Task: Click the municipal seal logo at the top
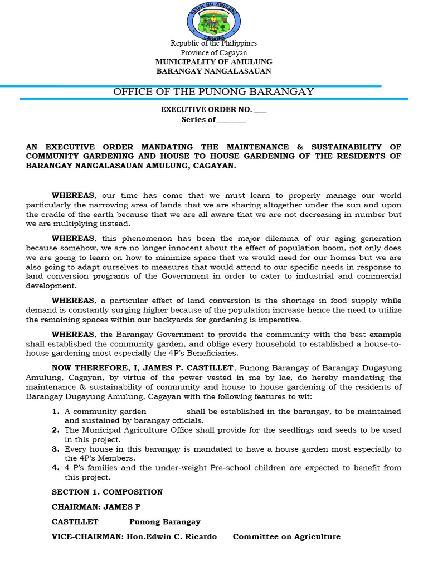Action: tap(214, 21)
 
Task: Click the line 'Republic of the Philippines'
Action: tap(214, 43)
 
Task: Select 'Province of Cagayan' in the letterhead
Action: tap(214, 52)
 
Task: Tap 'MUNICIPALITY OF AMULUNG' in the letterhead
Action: tap(214, 62)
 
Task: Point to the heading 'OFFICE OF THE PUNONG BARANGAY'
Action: tap(214, 91)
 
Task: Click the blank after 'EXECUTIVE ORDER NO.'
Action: tap(260, 110)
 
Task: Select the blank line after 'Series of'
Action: tap(231, 120)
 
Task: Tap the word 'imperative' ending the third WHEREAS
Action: tap(278, 320)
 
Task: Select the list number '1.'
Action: tap(56, 412)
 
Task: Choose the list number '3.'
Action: tap(56, 449)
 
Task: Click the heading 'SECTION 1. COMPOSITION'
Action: tap(107, 492)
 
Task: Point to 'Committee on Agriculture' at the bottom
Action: tap(286, 536)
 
